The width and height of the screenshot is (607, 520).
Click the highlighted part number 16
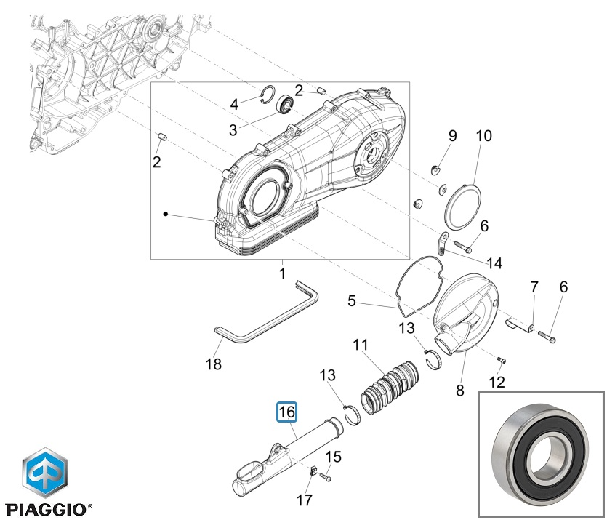286,412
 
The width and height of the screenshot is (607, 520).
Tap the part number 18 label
214,364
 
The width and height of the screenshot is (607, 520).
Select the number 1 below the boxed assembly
282,274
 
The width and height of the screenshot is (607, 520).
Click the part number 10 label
483,136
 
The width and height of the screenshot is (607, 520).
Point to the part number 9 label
451,135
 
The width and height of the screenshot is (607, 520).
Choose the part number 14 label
494,263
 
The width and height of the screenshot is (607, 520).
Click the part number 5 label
352,300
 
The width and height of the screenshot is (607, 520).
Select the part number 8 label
459,391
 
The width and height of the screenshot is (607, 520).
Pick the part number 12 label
497,382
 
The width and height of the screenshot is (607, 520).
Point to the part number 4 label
234,105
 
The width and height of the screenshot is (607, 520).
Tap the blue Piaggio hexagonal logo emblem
46,471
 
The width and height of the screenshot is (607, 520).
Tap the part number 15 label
333,457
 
